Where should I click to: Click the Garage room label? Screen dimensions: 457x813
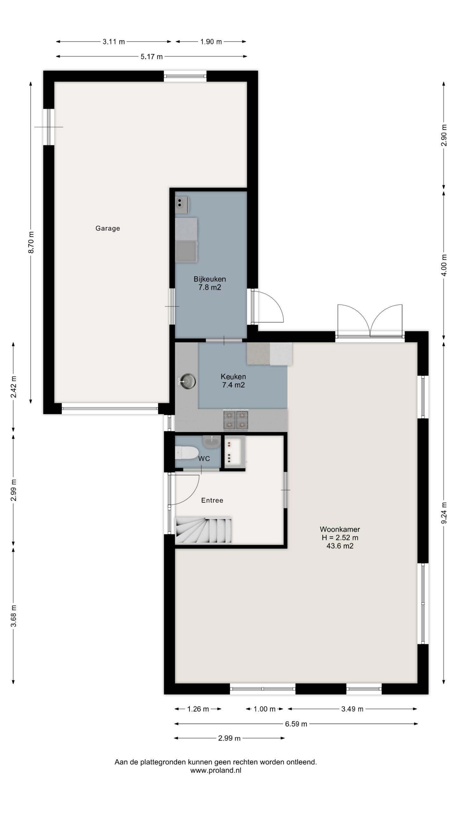tap(108, 228)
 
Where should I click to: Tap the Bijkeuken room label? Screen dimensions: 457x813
tap(210, 279)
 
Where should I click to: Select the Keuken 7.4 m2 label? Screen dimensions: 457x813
tap(233, 381)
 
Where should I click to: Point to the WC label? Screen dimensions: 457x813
tap(204, 459)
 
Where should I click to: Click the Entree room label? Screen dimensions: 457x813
tap(212, 500)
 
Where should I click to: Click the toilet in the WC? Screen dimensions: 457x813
tap(187, 453)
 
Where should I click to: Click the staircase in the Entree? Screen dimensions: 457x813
tap(203, 529)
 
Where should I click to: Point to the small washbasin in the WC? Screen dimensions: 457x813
tap(212, 441)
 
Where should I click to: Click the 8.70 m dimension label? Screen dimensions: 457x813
tap(31, 243)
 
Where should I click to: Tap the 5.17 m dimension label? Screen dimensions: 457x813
tap(152, 57)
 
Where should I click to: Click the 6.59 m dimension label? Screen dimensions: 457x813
tap(296, 724)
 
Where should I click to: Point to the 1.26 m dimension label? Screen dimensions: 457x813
tap(198, 709)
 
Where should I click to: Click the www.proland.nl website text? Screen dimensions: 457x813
tap(216, 770)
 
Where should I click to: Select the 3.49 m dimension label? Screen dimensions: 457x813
tap(352, 709)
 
